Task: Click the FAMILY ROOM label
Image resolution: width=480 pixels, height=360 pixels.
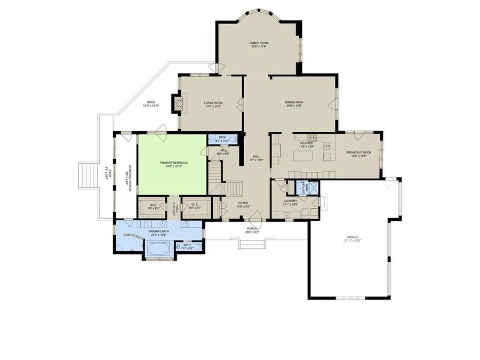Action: [x=259, y=43]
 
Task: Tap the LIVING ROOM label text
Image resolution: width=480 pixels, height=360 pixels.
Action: [x=213, y=103]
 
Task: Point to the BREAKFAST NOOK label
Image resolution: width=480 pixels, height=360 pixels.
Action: [x=358, y=153]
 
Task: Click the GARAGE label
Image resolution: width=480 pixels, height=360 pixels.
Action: [x=352, y=236]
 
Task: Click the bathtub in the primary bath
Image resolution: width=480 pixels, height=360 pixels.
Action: [x=157, y=249]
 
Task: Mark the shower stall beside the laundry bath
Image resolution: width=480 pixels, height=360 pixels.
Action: [x=313, y=188]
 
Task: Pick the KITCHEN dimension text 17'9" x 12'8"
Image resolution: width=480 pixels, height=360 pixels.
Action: [x=307, y=147]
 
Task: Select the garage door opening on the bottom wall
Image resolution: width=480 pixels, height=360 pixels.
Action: [x=351, y=297]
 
